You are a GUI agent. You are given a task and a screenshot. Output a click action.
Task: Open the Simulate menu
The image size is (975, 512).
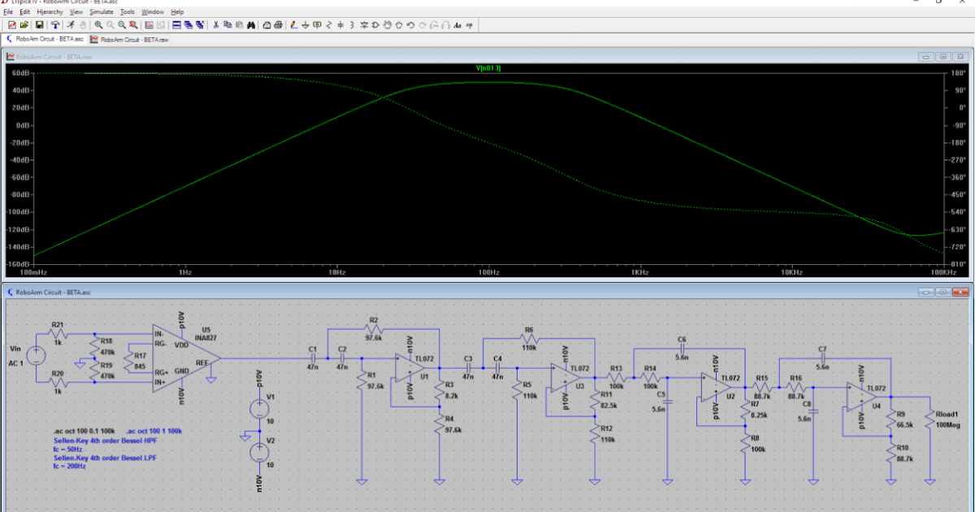tap(102, 12)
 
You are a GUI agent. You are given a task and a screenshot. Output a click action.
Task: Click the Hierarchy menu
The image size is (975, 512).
tap(50, 12)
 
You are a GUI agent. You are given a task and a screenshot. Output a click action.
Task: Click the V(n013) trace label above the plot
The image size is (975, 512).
tap(488, 68)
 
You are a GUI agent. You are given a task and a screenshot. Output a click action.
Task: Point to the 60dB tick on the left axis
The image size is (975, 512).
tap(20, 72)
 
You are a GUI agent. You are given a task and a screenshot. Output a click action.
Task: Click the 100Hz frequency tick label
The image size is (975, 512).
tap(487, 273)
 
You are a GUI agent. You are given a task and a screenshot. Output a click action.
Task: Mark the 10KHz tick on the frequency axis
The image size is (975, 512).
tap(791, 273)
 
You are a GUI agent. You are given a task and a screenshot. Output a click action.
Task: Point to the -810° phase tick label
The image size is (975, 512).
tap(959, 264)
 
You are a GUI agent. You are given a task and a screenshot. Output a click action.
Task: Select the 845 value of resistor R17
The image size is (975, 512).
tap(140, 367)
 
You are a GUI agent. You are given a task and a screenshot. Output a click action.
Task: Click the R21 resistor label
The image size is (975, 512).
tap(57, 324)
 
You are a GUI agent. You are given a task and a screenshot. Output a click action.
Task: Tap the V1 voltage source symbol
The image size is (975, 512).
tap(259, 409)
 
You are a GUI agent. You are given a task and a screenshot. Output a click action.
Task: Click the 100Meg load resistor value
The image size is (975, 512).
tap(949, 424)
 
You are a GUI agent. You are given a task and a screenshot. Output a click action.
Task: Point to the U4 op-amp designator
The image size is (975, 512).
tap(875, 404)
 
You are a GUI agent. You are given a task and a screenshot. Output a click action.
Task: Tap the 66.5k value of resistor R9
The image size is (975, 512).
tap(905, 424)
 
